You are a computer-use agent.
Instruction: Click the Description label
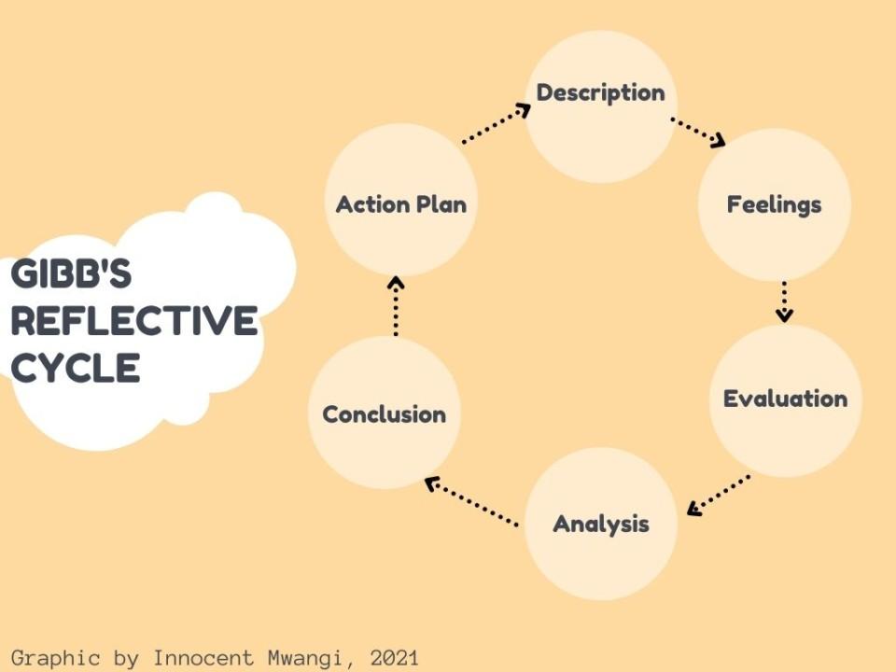(600, 93)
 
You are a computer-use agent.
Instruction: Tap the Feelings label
(775, 204)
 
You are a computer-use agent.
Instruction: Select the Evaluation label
(785, 399)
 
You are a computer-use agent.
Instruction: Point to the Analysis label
(601, 524)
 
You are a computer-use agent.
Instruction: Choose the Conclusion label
(384, 414)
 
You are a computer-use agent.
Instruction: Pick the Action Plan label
(401, 204)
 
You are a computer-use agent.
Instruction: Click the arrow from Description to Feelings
(698, 133)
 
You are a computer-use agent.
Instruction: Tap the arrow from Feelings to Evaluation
(784, 301)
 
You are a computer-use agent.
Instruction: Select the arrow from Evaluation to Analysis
(719, 496)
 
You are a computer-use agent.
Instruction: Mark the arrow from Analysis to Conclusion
(471, 501)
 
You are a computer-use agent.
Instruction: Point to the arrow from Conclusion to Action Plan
(396, 306)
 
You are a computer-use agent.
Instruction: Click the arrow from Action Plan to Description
(496, 123)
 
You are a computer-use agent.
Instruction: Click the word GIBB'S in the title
(72, 273)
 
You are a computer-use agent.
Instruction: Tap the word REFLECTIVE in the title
(134, 320)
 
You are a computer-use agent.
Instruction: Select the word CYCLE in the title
(76, 368)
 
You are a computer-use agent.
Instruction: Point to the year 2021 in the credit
(394, 658)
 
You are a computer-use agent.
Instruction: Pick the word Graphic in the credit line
(55, 658)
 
